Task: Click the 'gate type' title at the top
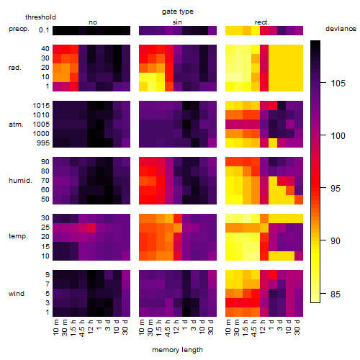pyautogui.click(x=178, y=12)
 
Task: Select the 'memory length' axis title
pyautogui.click(x=177, y=350)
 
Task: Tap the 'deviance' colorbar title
pyautogui.click(x=341, y=29)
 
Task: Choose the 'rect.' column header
pyautogui.click(x=262, y=22)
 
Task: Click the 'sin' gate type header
pyautogui.click(x=177, y=22)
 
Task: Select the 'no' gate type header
pyautogui.click(x=93, y=22)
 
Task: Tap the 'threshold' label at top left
pyautogui.click(x=40, y=17)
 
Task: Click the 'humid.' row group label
pyautogui.click(x=20, y=181)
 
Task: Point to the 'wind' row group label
pyautogui.click(x=17, y=294)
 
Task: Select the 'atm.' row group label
pyautogui.click(x=16, y=125)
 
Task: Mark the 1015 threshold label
pyautogui.click(x=41, y=106)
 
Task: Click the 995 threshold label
pyautogui.click(x=43, y=143)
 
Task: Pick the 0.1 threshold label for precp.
pyautogui.click(x=44, y=30)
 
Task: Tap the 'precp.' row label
pyautogui.click(x=19, y=30)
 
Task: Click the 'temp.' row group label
pyautogui.click(x=18, y=236)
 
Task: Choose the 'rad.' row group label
pyautogui.click(x=15, y=68)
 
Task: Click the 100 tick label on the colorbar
pyautogui.click(x=338, y=136)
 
